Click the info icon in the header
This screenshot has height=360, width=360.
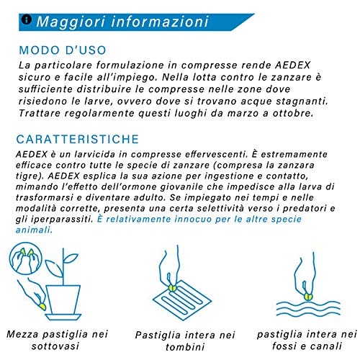tap(27, 20)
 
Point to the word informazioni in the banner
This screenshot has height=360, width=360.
tap(156, 21)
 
